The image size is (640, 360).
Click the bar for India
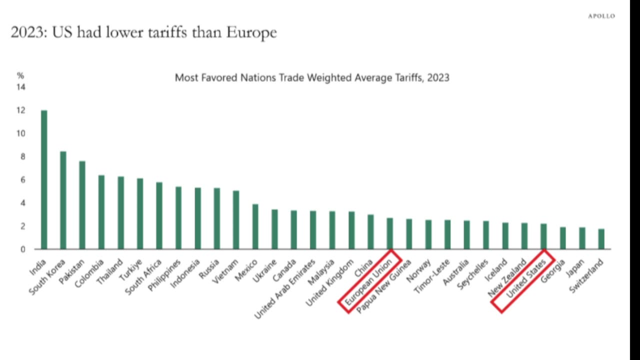click(x=44, y=180)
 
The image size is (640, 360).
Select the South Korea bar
click(x=63, y=200)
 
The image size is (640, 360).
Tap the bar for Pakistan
click(x=82, y=205)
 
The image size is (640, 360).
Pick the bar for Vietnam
click(x=236, y=220)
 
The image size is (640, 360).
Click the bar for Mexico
click(x=255, y=226)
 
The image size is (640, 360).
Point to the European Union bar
click(x=390, y=233)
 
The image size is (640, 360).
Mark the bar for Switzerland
click(x=601, y=239)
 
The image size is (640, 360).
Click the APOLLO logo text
click(x=601, y=16)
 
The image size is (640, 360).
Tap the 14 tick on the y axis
click(x=21, y=87)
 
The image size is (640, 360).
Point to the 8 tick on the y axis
click(x=22, y=156)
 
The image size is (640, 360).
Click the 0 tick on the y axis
click(x=22, y=249)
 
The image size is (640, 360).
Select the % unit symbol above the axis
click(x=20, y=76)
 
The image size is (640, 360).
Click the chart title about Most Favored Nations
click(x=312, y=77)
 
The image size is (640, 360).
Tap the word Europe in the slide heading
click(x=251, y=33)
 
